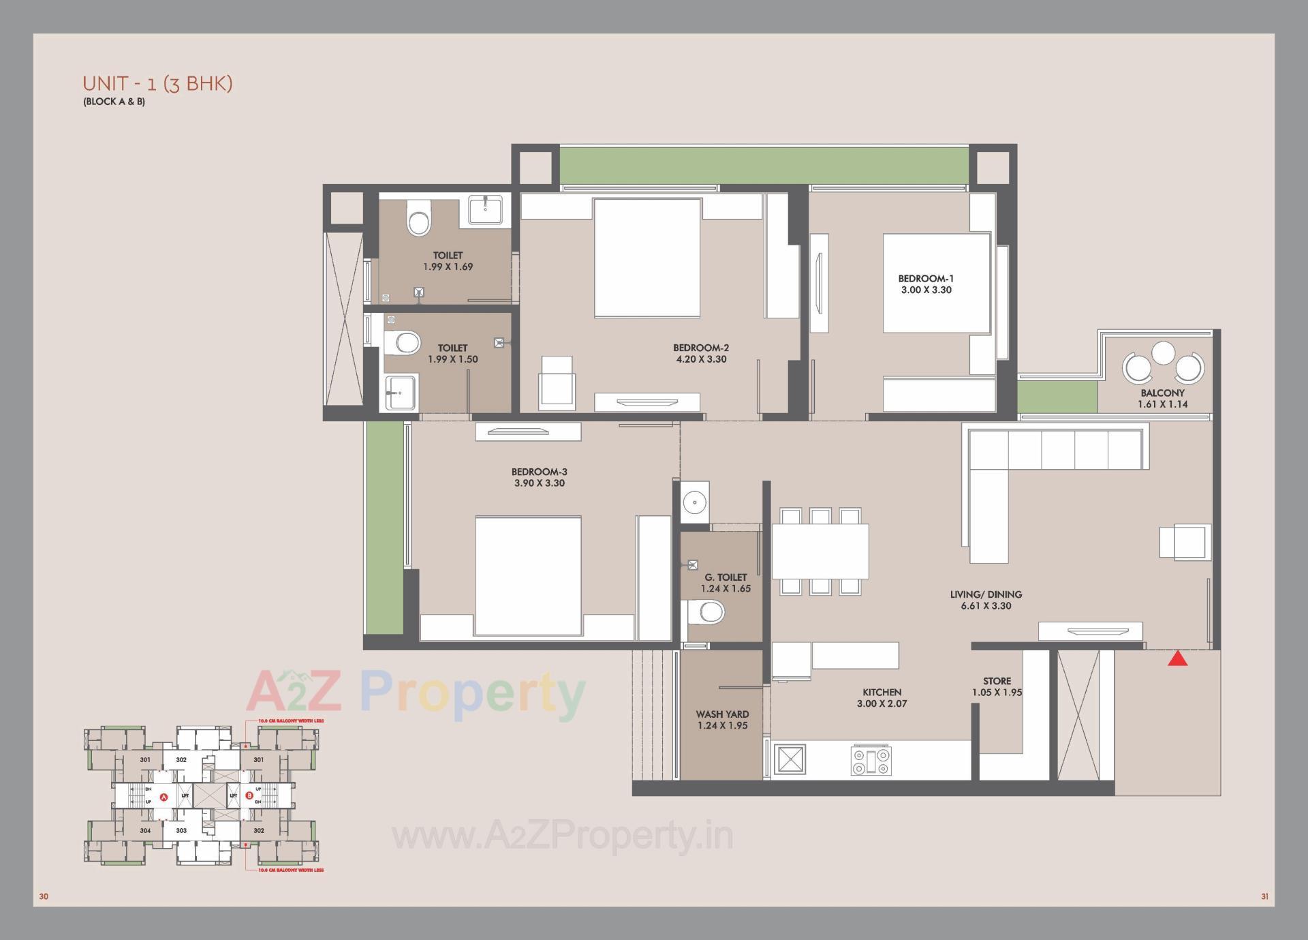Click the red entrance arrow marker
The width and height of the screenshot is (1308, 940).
point(1178,658)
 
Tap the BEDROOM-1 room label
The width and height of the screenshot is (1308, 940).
point(926,278)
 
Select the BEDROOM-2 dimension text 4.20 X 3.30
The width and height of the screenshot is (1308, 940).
point(701,359)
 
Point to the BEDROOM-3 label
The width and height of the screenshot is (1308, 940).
point(539,472)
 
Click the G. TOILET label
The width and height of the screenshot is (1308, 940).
point(726,577)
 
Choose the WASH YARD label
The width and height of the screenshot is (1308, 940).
point(722,714)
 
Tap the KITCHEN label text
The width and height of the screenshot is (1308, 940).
point(882,692)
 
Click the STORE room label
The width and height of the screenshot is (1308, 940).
point(997,681)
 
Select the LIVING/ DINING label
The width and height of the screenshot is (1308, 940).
point(986,594)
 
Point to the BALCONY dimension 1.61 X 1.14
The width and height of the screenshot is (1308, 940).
point(1162,404)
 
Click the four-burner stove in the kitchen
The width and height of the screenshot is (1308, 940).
point(871,761)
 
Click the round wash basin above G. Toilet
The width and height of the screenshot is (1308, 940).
point(694,502)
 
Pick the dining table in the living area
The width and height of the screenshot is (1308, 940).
point(820,551)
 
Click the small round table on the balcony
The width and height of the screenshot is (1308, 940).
point(1163,352)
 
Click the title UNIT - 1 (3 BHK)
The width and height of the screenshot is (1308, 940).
point(157,84)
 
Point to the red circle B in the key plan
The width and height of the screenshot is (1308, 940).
point(249,795)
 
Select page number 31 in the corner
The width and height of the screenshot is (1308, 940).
point(1264,896)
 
